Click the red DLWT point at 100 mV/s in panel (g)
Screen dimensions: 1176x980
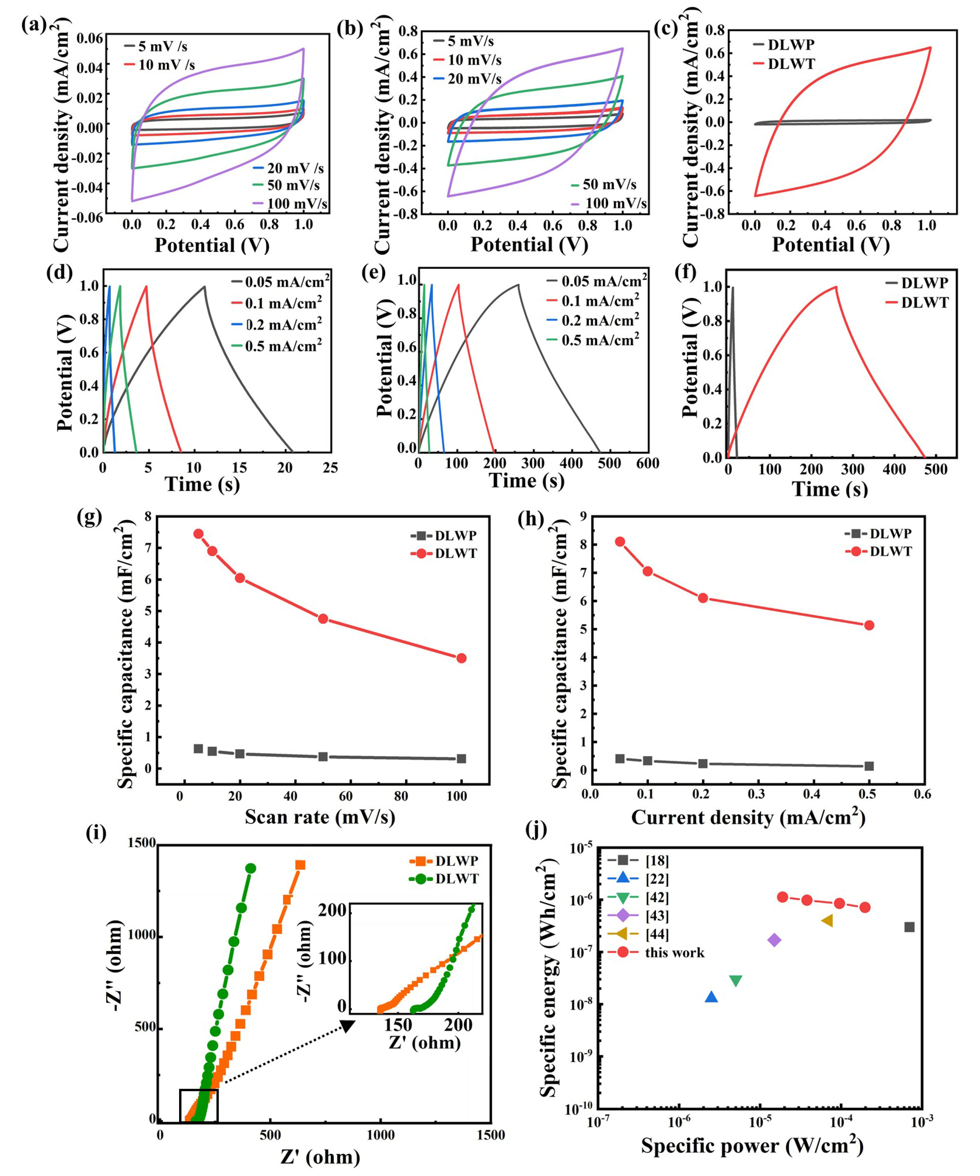click(461, 658)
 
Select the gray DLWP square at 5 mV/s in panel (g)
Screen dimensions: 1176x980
click(198, 749)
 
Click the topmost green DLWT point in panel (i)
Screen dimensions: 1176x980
click(250, 868)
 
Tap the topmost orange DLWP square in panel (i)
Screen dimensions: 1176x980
click(300, 865)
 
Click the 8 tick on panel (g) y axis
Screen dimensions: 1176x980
click(148, 516)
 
